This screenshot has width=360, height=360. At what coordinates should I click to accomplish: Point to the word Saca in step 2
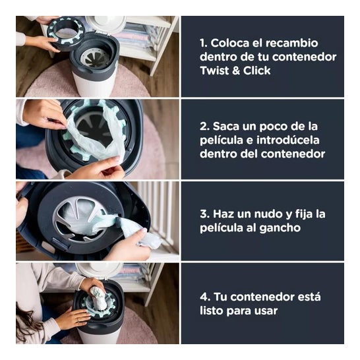[x=226, y=127]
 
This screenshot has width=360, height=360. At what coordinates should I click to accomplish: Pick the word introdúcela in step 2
[x=287, y=140]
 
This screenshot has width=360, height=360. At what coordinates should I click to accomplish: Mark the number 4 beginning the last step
[x=204, y=297]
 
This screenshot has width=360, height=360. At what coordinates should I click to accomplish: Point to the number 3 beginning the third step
[x=204, y=214]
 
